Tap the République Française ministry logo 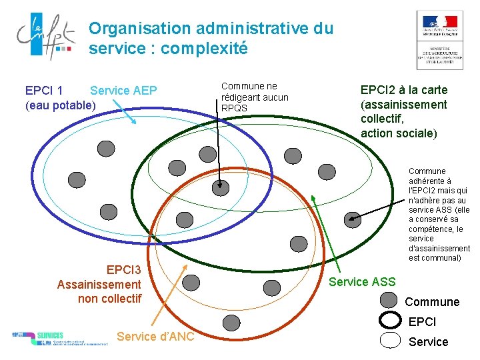pyautogui.click(x=439, y=40)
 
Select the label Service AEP pyautogui.click(x=123, y=91)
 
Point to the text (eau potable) pyautogui.click(x=60, y=105)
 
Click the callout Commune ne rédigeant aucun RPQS pyautogui.click(x=254, y=97)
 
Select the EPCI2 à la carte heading pyautogui.click(x=403, y=90)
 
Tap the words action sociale pyautogui.click(x=398, y=133)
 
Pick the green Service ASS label pyautogui.click(x=362, y=282)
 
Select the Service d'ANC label pyautogui.click(x=155, y=337)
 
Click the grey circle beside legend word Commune pyautogui.click(x=389, y=301)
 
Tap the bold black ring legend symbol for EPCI pyautogui.click(x=389, y=321)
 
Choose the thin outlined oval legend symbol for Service pyautogui.click(x=389, y=341)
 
